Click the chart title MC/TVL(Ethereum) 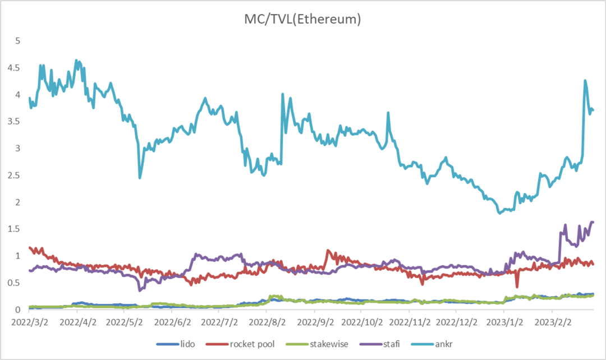[302, 20]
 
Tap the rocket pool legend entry [252, 344]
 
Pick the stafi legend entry [391, 344]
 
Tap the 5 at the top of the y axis [18, 41]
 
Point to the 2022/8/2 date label [267, 324]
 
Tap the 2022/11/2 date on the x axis [410, 324]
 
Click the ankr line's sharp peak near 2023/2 [585, 80]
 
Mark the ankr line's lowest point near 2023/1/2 [499, 213]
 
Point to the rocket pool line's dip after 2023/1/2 [517, 287]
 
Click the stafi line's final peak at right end [593, 222]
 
